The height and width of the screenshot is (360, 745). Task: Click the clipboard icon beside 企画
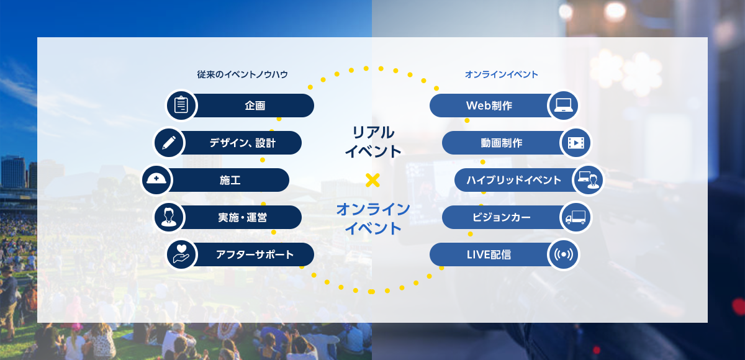point(181,106)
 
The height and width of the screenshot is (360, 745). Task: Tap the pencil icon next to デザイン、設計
point(169,143)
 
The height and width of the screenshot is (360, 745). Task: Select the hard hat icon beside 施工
point(156,179)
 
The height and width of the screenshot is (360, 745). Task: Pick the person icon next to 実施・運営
point(169,217)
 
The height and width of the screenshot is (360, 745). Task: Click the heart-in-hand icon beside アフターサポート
point(181,254)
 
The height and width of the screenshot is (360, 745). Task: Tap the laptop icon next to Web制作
point(563,106)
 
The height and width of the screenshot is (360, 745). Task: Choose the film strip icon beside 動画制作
point(576,143)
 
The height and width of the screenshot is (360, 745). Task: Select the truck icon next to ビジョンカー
point(576,217)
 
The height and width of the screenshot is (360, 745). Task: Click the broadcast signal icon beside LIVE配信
point(564,254)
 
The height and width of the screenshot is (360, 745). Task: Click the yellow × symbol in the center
point(372,180)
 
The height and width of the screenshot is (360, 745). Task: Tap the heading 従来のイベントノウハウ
point(242,74)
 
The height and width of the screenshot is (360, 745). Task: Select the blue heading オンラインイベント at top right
point(501,74)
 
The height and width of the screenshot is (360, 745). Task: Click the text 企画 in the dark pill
point(255,106)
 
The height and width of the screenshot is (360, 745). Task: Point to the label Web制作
point(489,106)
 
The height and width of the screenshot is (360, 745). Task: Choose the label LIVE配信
point(489,254)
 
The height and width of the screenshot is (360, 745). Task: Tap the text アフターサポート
point(255,254)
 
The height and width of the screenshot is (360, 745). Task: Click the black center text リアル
point(373,132)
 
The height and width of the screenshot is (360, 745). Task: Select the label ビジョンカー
point(502,217)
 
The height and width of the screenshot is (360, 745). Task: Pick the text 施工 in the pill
point(230,180)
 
